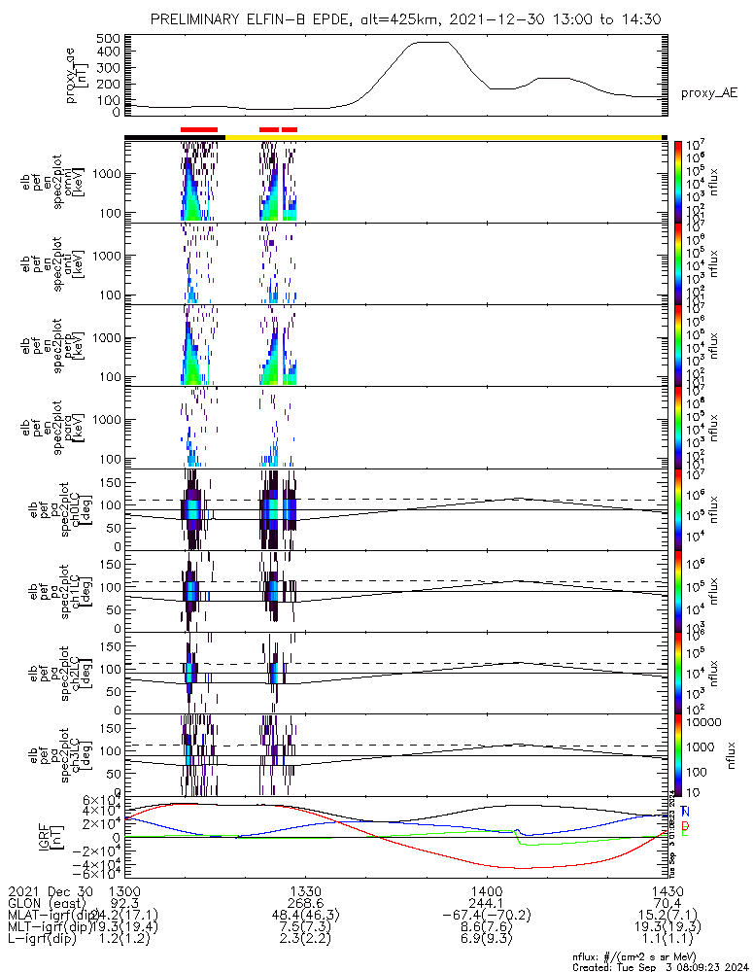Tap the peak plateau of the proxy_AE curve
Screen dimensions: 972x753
[431, 43]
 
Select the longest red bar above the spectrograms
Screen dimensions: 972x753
[199, 128]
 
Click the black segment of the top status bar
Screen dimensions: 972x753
[175, 137]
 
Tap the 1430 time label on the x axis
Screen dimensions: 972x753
[667, 890]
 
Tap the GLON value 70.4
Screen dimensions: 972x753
[667, 903]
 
